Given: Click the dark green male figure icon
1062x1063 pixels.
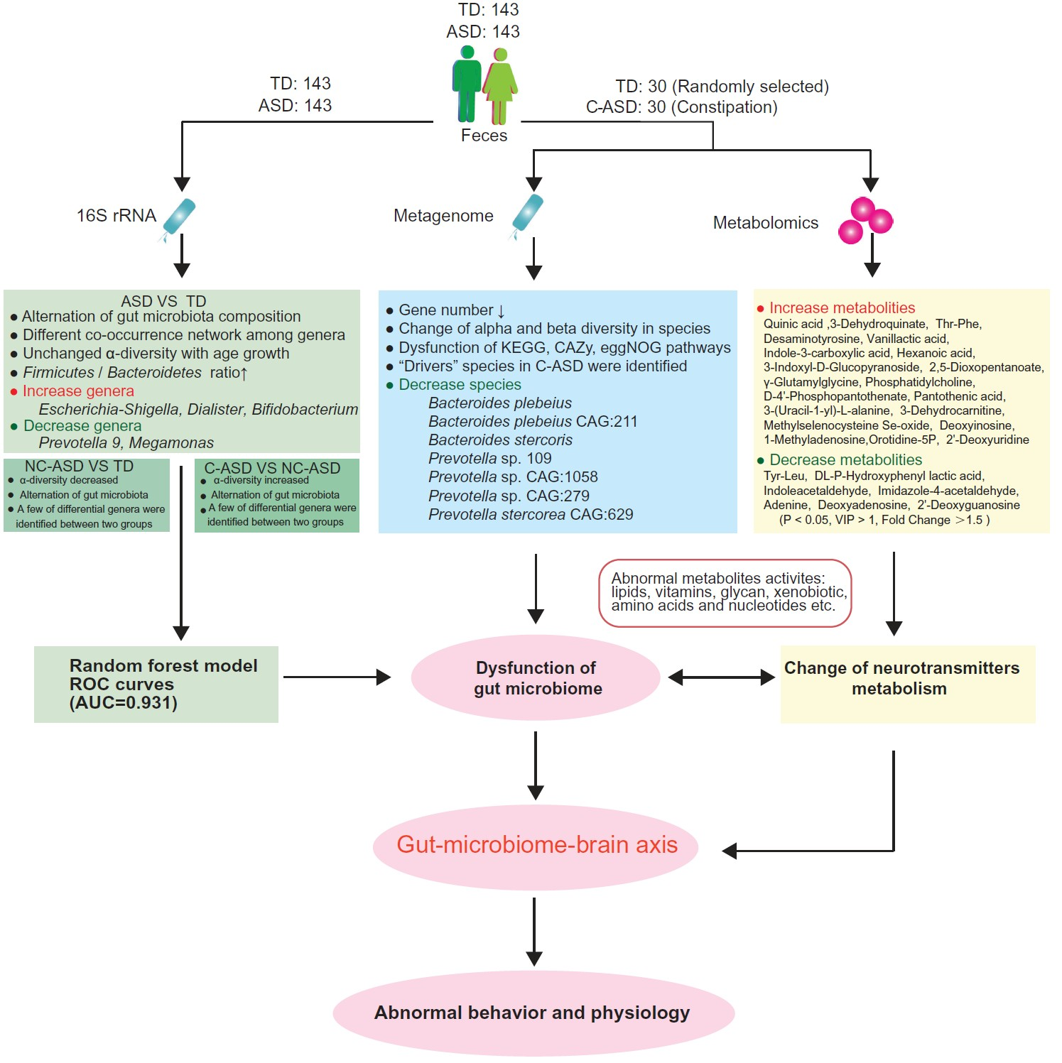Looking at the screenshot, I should point(467,84).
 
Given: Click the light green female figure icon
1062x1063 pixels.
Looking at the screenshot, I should point(501,85).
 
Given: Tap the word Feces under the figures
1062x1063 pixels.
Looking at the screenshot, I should point(484,136).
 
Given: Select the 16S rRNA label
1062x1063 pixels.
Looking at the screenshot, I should point(116,215).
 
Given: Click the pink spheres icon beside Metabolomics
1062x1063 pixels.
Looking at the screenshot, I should point(865,220).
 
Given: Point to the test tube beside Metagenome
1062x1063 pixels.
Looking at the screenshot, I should point(527,214).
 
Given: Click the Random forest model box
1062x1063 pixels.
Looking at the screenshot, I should point(156,684).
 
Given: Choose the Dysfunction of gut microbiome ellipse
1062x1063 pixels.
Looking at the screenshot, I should point(536,678).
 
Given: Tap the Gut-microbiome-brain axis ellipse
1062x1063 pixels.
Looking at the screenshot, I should point(536,845).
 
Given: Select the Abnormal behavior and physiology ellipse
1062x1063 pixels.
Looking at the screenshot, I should point(533,1013).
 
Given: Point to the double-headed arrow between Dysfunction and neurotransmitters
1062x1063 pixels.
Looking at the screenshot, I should point(721,677).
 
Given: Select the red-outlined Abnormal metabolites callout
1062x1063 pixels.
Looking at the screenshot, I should point(725,592).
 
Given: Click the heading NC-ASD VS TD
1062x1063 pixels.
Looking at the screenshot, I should point(79,467).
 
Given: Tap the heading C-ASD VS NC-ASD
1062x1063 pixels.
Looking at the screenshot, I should point(272,468).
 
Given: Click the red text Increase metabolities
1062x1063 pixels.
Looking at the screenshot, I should point(842,308).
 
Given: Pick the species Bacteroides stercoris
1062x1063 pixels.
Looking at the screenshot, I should point(500,440).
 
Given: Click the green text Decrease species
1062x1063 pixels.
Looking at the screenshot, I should point(460,385).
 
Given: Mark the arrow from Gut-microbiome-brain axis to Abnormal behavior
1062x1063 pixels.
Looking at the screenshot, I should point(534,930).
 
